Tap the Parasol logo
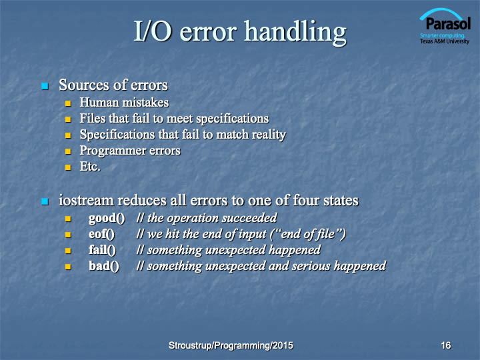[x=445, y=26]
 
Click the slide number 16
[x=446, y=345]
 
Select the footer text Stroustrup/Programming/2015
[x=231, y=345]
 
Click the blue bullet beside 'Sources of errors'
[x=45, y=86]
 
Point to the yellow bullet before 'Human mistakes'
[x=68, y=103]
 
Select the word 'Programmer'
[x=109, y=151]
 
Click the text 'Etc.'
[x=90, y=167]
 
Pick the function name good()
[x=107, y=219]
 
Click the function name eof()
[x=101, y=234]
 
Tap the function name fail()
[x=102, y=250]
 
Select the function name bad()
[x=104, y=266]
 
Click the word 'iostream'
[x=86, y=201]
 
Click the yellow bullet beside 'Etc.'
[x=68, y=167]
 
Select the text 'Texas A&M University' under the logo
[x=445, y=41]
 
